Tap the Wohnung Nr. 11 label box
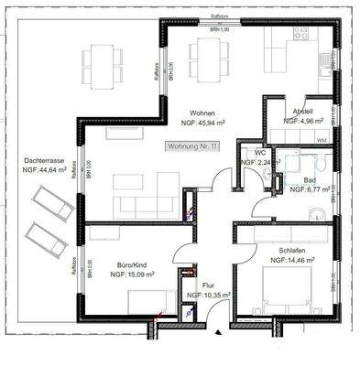193,146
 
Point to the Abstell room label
302,111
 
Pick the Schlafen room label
292,250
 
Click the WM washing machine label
321,139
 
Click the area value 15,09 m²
130,272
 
